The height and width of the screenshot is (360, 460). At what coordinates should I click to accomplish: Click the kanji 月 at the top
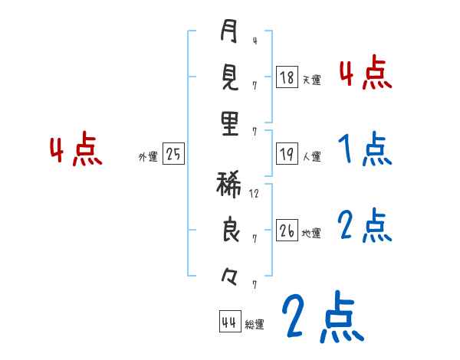click(x=229, y=32)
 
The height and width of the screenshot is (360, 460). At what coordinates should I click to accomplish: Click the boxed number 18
click(x=287, y=77)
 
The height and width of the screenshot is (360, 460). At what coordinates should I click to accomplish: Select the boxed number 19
click(x=287, y=154)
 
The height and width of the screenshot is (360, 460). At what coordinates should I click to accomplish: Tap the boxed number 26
click(x=287, y=231)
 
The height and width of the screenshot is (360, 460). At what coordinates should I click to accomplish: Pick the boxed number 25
click(x=173, y=154)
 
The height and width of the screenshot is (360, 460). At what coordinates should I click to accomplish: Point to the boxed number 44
click(x=228, y=321)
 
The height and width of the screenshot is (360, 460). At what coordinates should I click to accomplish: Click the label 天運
click(x=310, y=79)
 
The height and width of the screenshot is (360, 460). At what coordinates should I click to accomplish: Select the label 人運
click(x=311, y=156)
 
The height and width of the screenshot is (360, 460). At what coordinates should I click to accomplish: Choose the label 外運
click(x=148, y=156)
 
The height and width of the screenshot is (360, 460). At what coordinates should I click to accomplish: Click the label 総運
click(x=255, y=324)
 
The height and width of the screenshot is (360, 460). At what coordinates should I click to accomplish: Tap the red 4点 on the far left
click(x=76, y=149)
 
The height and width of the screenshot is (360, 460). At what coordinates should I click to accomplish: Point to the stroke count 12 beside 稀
click(x=255, y=193)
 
